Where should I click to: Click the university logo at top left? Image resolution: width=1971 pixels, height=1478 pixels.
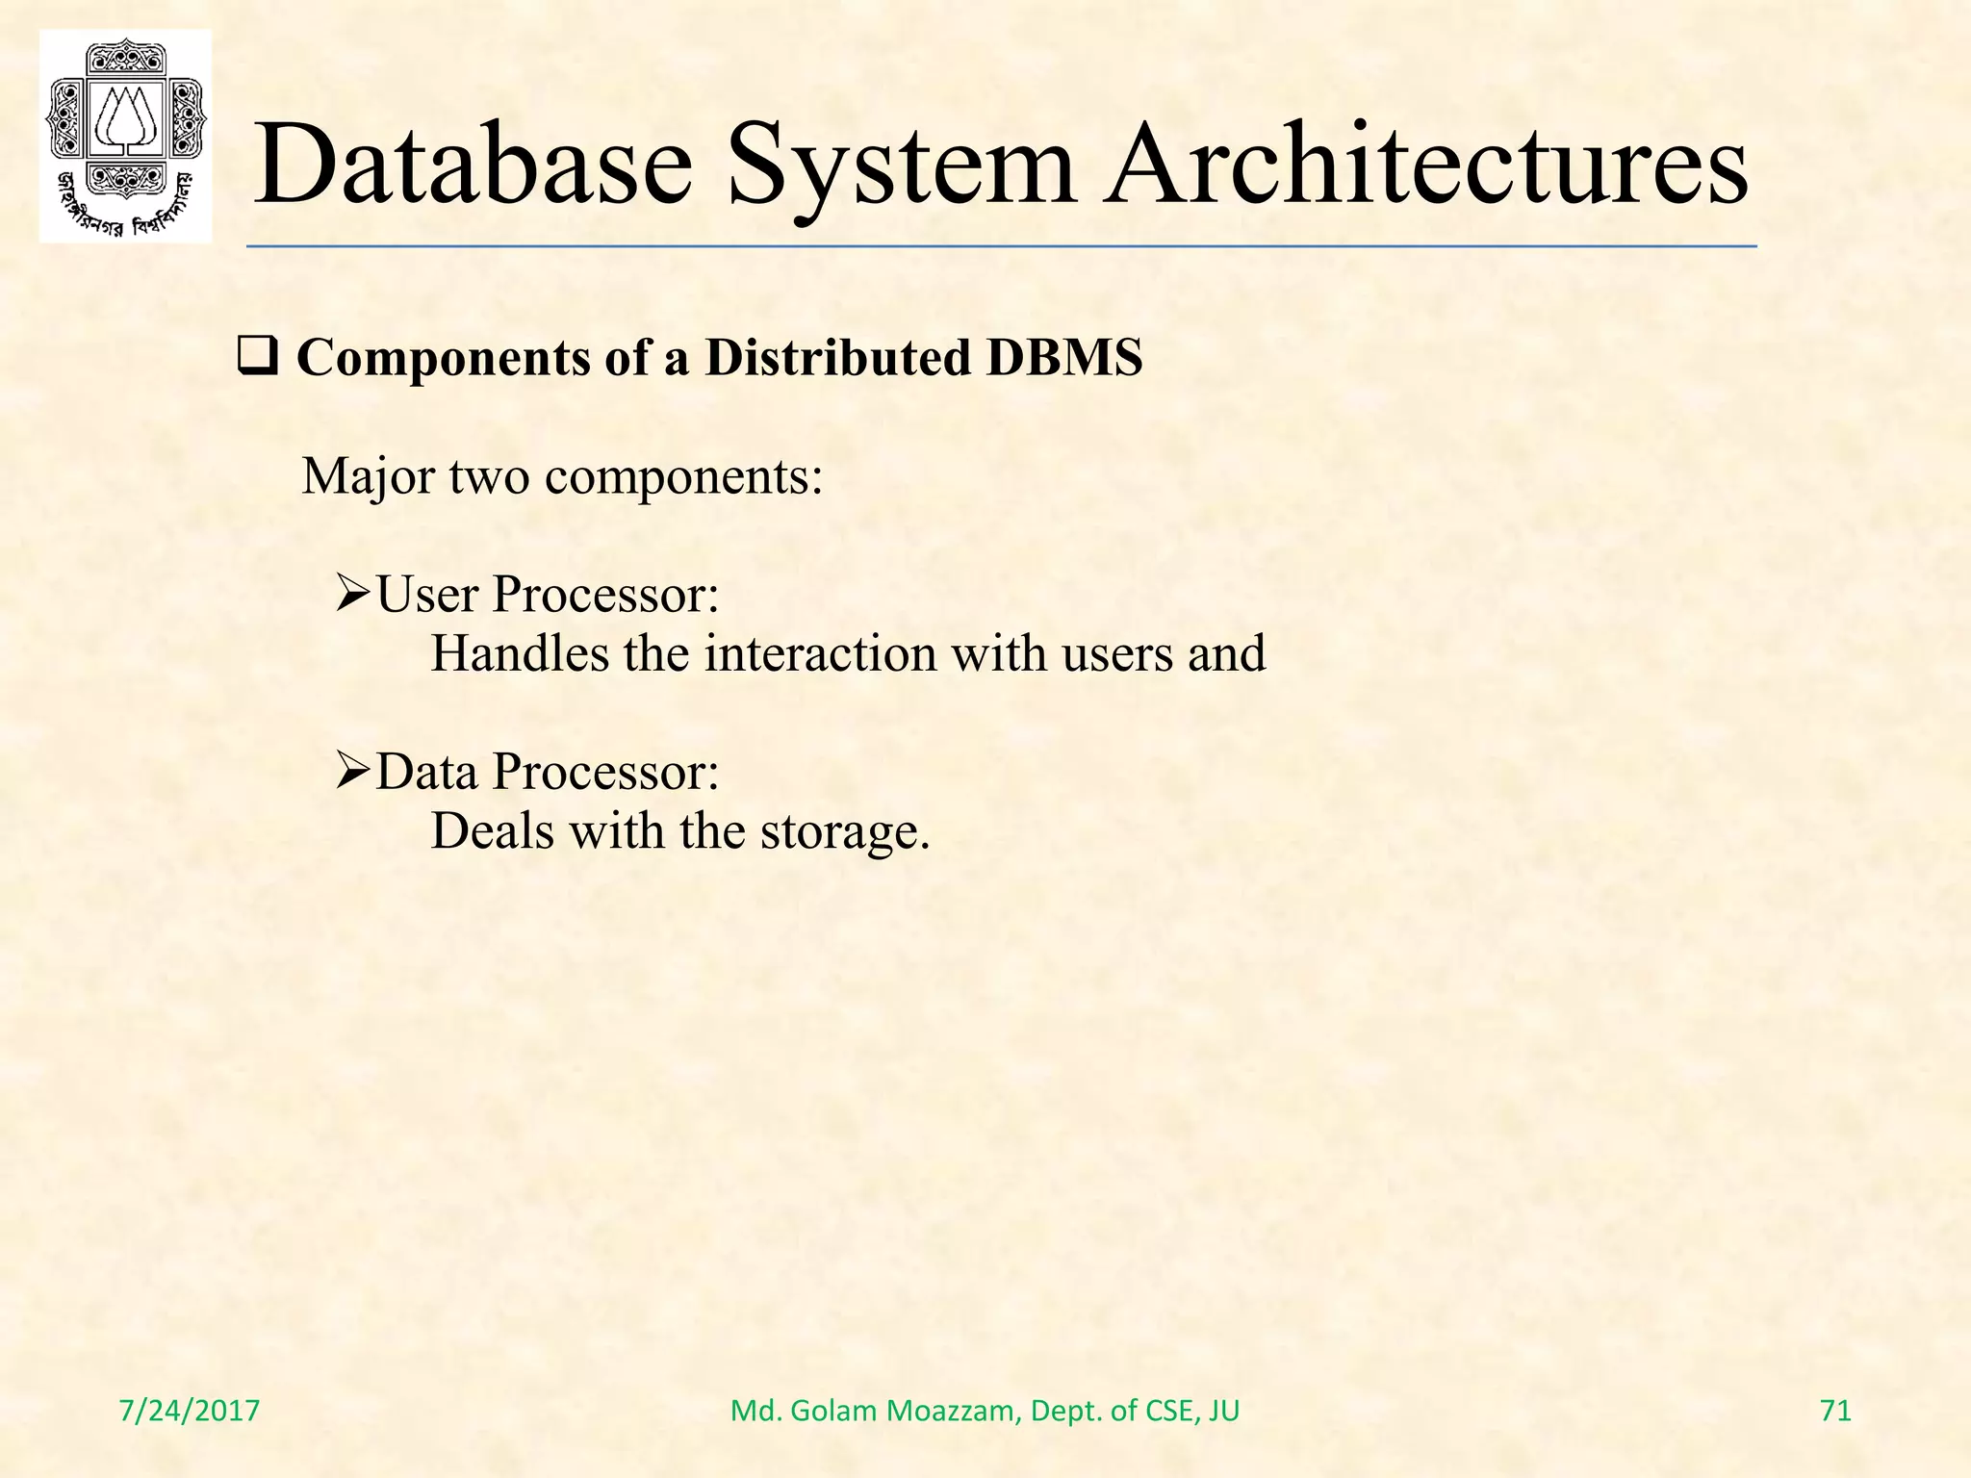pyautogui.click(x=125, y=136)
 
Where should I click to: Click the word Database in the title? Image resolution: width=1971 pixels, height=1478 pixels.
pyautogui.click(x=473, y=164)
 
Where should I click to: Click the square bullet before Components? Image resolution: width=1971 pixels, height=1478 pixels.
pyautogui.click(x=257, y=359)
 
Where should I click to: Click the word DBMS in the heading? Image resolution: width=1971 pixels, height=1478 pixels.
pyautogui.click(x=1064, y=357)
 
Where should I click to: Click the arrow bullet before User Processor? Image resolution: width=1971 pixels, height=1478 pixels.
pyautogui.click(x=353, y=594)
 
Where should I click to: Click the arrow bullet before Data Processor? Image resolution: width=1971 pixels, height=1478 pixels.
pyautogui.click(x=353, y=771)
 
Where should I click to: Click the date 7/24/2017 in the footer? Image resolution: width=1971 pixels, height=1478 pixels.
pyautogui.click(x=190, y=1411)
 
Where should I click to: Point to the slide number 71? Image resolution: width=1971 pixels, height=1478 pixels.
pyautogui.click(x=1835, y=1411)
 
